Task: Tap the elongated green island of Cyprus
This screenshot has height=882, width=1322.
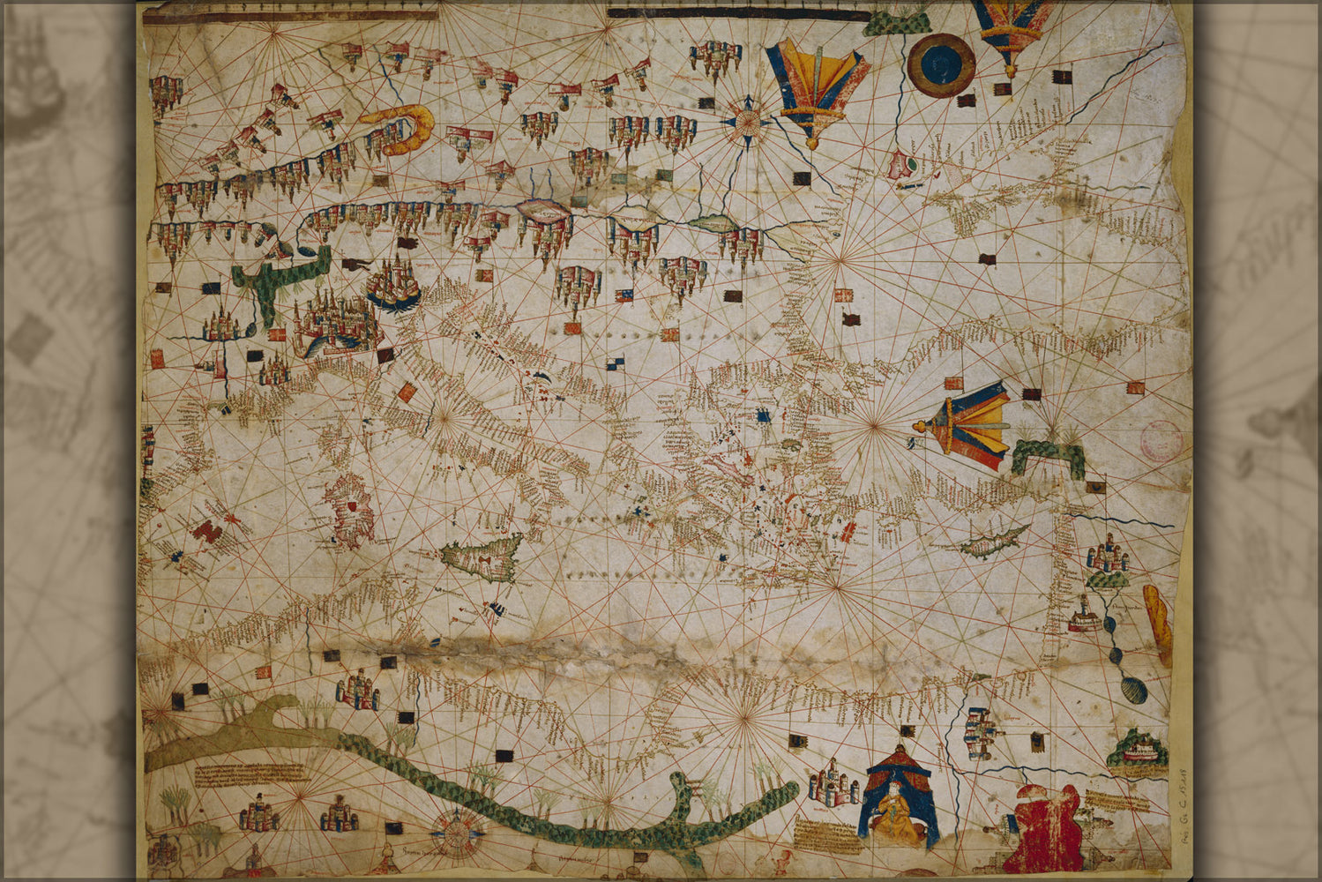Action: [995, 540]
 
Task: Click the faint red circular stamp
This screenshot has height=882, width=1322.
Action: [1161, 438]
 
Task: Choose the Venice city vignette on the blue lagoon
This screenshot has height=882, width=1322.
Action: [392, 284]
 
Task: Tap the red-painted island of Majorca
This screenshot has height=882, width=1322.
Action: [205, 530]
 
